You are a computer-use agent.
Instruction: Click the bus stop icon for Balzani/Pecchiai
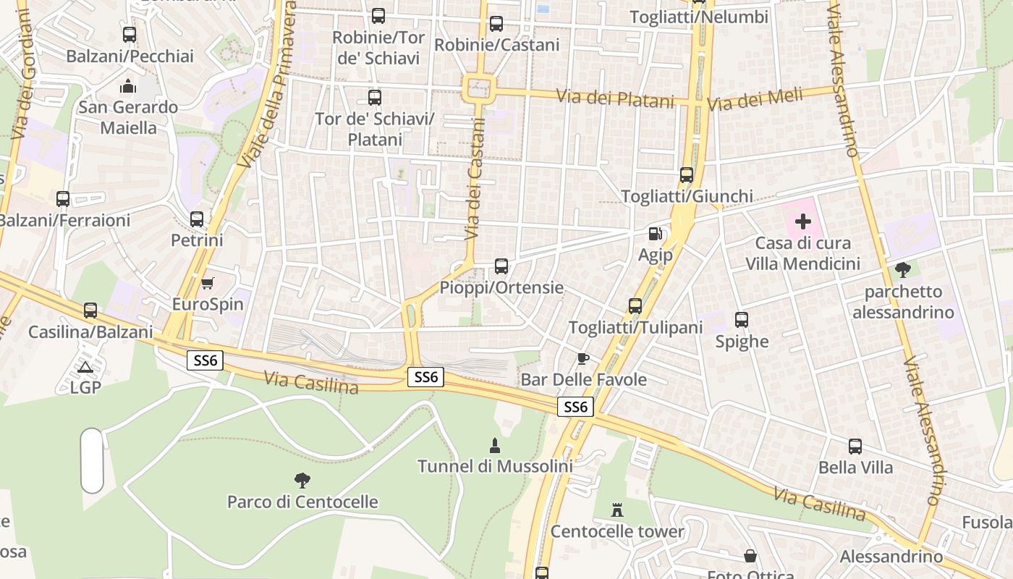pos(130,34)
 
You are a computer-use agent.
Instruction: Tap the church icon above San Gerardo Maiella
pos(128,86)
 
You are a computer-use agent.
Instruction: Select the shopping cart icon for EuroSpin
pos(208,283)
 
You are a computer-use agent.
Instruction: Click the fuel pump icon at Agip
pos(655,233)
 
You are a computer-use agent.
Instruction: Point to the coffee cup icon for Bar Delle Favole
pos(583,358)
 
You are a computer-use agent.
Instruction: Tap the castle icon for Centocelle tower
pos(617,510)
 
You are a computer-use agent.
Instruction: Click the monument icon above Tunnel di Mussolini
pos(495,444)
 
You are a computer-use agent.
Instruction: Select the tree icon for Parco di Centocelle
pos(302,480)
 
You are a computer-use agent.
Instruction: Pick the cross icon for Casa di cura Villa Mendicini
pos(802,221)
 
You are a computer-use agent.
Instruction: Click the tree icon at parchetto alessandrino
pos(902,270)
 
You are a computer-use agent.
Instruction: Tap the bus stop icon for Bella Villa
pos(855,446)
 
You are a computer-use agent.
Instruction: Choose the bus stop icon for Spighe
pos(742,319)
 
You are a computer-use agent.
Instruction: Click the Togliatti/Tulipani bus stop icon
pos(635,305)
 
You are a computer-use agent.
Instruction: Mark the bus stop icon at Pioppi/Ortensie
pos(501,266)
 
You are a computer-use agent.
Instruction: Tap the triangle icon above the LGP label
pos(85,367)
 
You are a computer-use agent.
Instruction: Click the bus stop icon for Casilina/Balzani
pos(90,310)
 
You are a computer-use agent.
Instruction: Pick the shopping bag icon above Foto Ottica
pos(750,555)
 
